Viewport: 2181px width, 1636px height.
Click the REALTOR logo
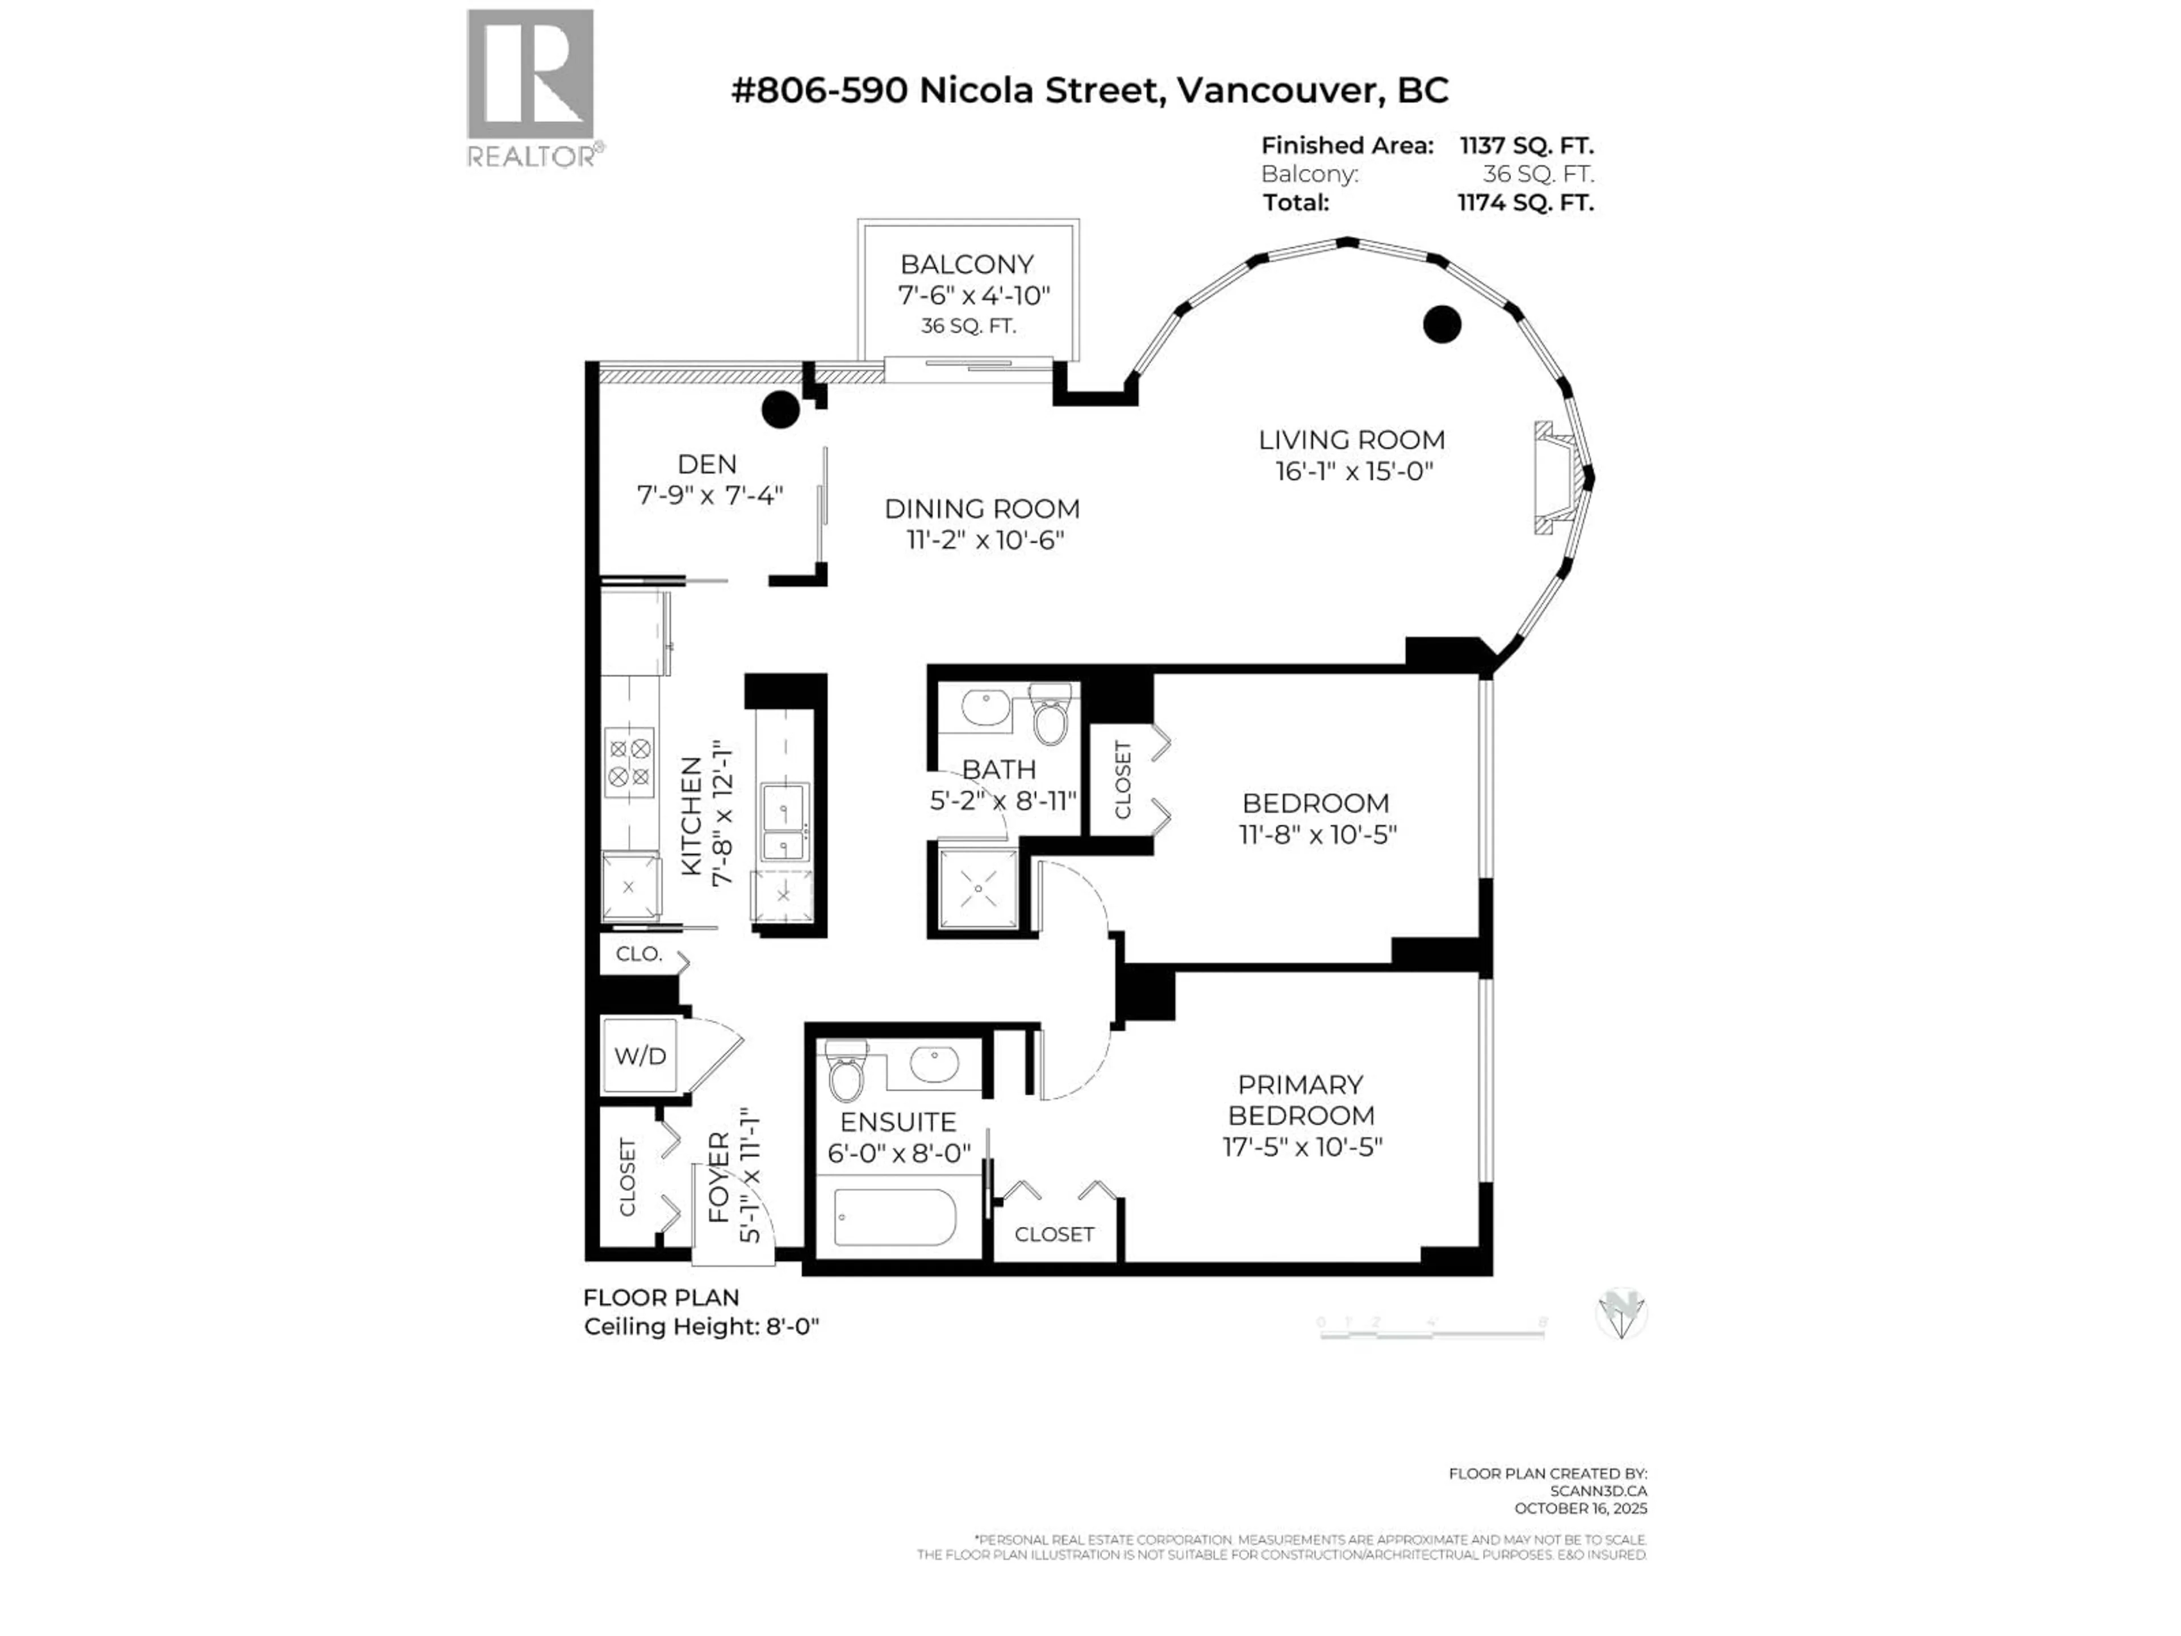point(530,87)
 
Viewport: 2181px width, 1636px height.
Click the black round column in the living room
point(1442,323)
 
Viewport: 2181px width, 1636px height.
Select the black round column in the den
point(781,409)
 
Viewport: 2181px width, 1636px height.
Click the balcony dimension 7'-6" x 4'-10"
point(973,295)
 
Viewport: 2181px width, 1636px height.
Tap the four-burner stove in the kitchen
point(629,762)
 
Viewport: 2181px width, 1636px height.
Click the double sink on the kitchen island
point(785,820)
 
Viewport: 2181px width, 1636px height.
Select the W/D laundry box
point(640,1056)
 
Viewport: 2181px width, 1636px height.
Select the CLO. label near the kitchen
point(638,954)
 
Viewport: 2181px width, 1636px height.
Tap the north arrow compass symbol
point(1620,1313)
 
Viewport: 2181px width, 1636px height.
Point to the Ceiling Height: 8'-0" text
point(701,1326)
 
